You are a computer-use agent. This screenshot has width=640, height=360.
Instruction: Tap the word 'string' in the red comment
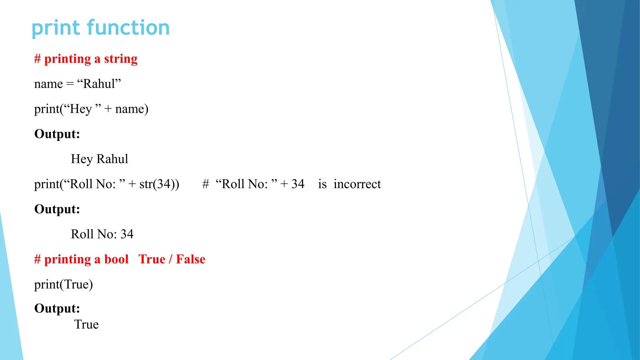tap(121, 59)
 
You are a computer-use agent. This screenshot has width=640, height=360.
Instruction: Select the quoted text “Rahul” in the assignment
tap(99, 84)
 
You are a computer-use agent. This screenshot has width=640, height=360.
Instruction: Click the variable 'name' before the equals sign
tap(48, 84)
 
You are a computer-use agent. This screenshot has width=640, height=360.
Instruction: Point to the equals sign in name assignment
tap(70, 84)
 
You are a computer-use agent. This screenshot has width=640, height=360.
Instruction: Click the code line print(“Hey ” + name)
tap(91, 109)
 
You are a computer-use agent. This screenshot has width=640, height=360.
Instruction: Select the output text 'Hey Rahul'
tap(99, 159)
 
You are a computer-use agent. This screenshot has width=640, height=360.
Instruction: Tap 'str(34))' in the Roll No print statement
tap(159, 184)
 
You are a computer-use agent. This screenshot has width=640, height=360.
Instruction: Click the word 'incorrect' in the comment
tap(357, 184)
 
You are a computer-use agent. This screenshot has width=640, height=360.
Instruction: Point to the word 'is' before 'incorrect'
tap(322, 184)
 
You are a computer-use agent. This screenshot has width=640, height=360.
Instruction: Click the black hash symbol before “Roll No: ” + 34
tap(205, 184)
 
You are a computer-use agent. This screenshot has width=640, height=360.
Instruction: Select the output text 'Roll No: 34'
tap(102, 234)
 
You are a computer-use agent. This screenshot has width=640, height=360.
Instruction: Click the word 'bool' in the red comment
tap(116, 259)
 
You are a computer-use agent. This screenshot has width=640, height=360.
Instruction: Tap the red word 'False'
tap(191, 259)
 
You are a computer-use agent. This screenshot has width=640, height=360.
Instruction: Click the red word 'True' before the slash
tap(152, 259)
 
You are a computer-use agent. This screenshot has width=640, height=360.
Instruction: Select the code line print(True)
tap(63, 284)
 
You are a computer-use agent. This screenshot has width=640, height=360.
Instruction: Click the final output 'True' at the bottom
tap(86, 324)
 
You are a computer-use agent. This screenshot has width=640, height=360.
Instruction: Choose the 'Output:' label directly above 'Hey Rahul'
tap(57, 134)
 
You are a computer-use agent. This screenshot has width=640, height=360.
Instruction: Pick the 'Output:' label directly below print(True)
tap(57, 308)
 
